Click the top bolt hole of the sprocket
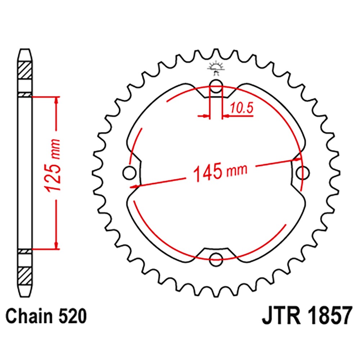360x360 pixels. coord(216,86)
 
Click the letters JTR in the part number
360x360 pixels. coord(278,318)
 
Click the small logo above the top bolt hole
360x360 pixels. coord(215,68)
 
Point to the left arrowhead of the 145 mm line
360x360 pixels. coord(134,186)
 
